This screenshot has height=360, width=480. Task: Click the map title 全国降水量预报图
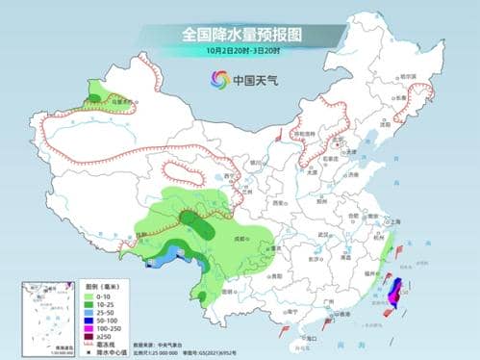[240, 34]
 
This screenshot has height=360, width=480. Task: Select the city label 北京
[336, 143]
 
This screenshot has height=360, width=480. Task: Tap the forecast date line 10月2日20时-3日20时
[240, 50]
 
